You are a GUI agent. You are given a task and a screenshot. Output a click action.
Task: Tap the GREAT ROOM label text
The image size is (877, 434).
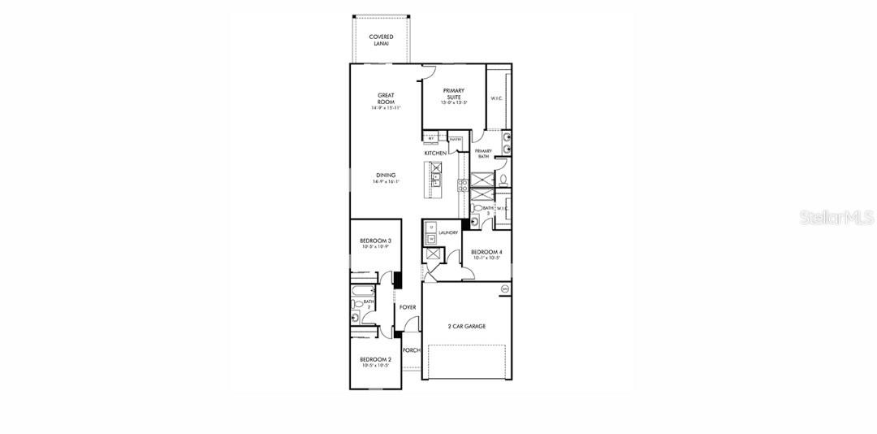pos(386,98)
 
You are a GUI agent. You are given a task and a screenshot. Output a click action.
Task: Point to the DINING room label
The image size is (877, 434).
pos(386,176)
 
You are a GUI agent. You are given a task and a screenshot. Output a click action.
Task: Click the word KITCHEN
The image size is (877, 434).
pos(435,153)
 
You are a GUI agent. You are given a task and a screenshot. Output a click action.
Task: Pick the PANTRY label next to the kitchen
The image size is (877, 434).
pos(455,140)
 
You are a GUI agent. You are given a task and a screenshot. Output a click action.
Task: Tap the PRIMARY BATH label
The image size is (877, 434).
pos(483,154)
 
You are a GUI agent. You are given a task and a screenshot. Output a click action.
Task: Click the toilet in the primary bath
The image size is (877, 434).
pos(503,178)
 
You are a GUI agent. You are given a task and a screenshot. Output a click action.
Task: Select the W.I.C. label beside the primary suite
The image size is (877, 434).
pos(497,99)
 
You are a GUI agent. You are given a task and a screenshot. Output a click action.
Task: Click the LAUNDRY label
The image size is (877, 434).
pos(448,233)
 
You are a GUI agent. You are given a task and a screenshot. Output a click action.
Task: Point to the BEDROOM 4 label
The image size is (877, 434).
pos(486,252)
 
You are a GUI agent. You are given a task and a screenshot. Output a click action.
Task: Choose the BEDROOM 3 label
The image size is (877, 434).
pos(375,241)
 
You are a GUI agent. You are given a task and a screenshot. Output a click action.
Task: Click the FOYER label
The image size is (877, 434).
pos(408,307)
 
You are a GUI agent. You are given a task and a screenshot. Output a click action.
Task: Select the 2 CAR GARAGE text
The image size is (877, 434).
pos(466,326)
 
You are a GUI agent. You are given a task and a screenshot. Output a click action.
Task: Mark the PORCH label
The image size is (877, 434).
pos(412,350)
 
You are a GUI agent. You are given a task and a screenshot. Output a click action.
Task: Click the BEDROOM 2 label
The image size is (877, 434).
pos(375,360)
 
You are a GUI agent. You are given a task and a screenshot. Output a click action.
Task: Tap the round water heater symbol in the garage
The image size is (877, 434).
pos(504,289)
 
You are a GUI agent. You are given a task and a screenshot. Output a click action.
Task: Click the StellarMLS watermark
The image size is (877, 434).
pos(836,218)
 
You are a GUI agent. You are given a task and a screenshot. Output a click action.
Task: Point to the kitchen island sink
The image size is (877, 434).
pos(436,170)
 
